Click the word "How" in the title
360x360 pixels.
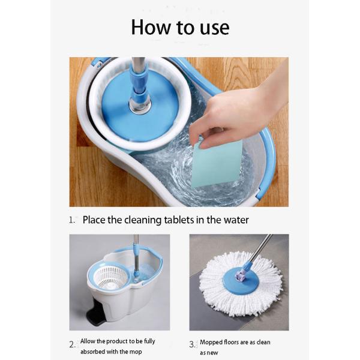click(x=151, y=27)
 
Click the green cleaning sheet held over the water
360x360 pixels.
click(x=217, y=163)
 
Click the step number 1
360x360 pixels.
click(x=71, y=220)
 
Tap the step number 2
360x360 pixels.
click(x=72, y=344)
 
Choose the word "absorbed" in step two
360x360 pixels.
click(x=91, y=352)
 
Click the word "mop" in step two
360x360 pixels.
click(x=136, y=352)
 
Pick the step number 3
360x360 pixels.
click(x=193, y=344)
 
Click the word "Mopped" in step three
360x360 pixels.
click(x=210, y=343)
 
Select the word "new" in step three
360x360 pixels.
click(x=212, y=353)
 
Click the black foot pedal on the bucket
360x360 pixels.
click(x=95, y=316)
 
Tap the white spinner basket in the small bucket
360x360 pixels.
click(x=111, y=278)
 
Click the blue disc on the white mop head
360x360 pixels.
click(x=241, y=281)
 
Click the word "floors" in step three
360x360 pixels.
click(x=230, y=342)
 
